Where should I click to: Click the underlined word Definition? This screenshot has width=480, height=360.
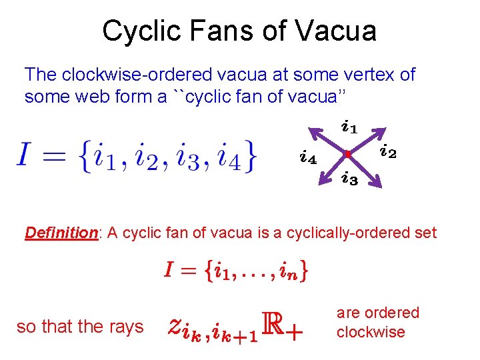[61, 233]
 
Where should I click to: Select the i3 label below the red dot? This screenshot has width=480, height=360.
[349, 179]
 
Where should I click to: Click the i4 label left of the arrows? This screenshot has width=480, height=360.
[307, 158]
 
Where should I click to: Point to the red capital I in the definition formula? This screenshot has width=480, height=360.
[170, 271]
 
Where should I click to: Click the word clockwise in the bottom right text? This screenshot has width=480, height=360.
[371, 332]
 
